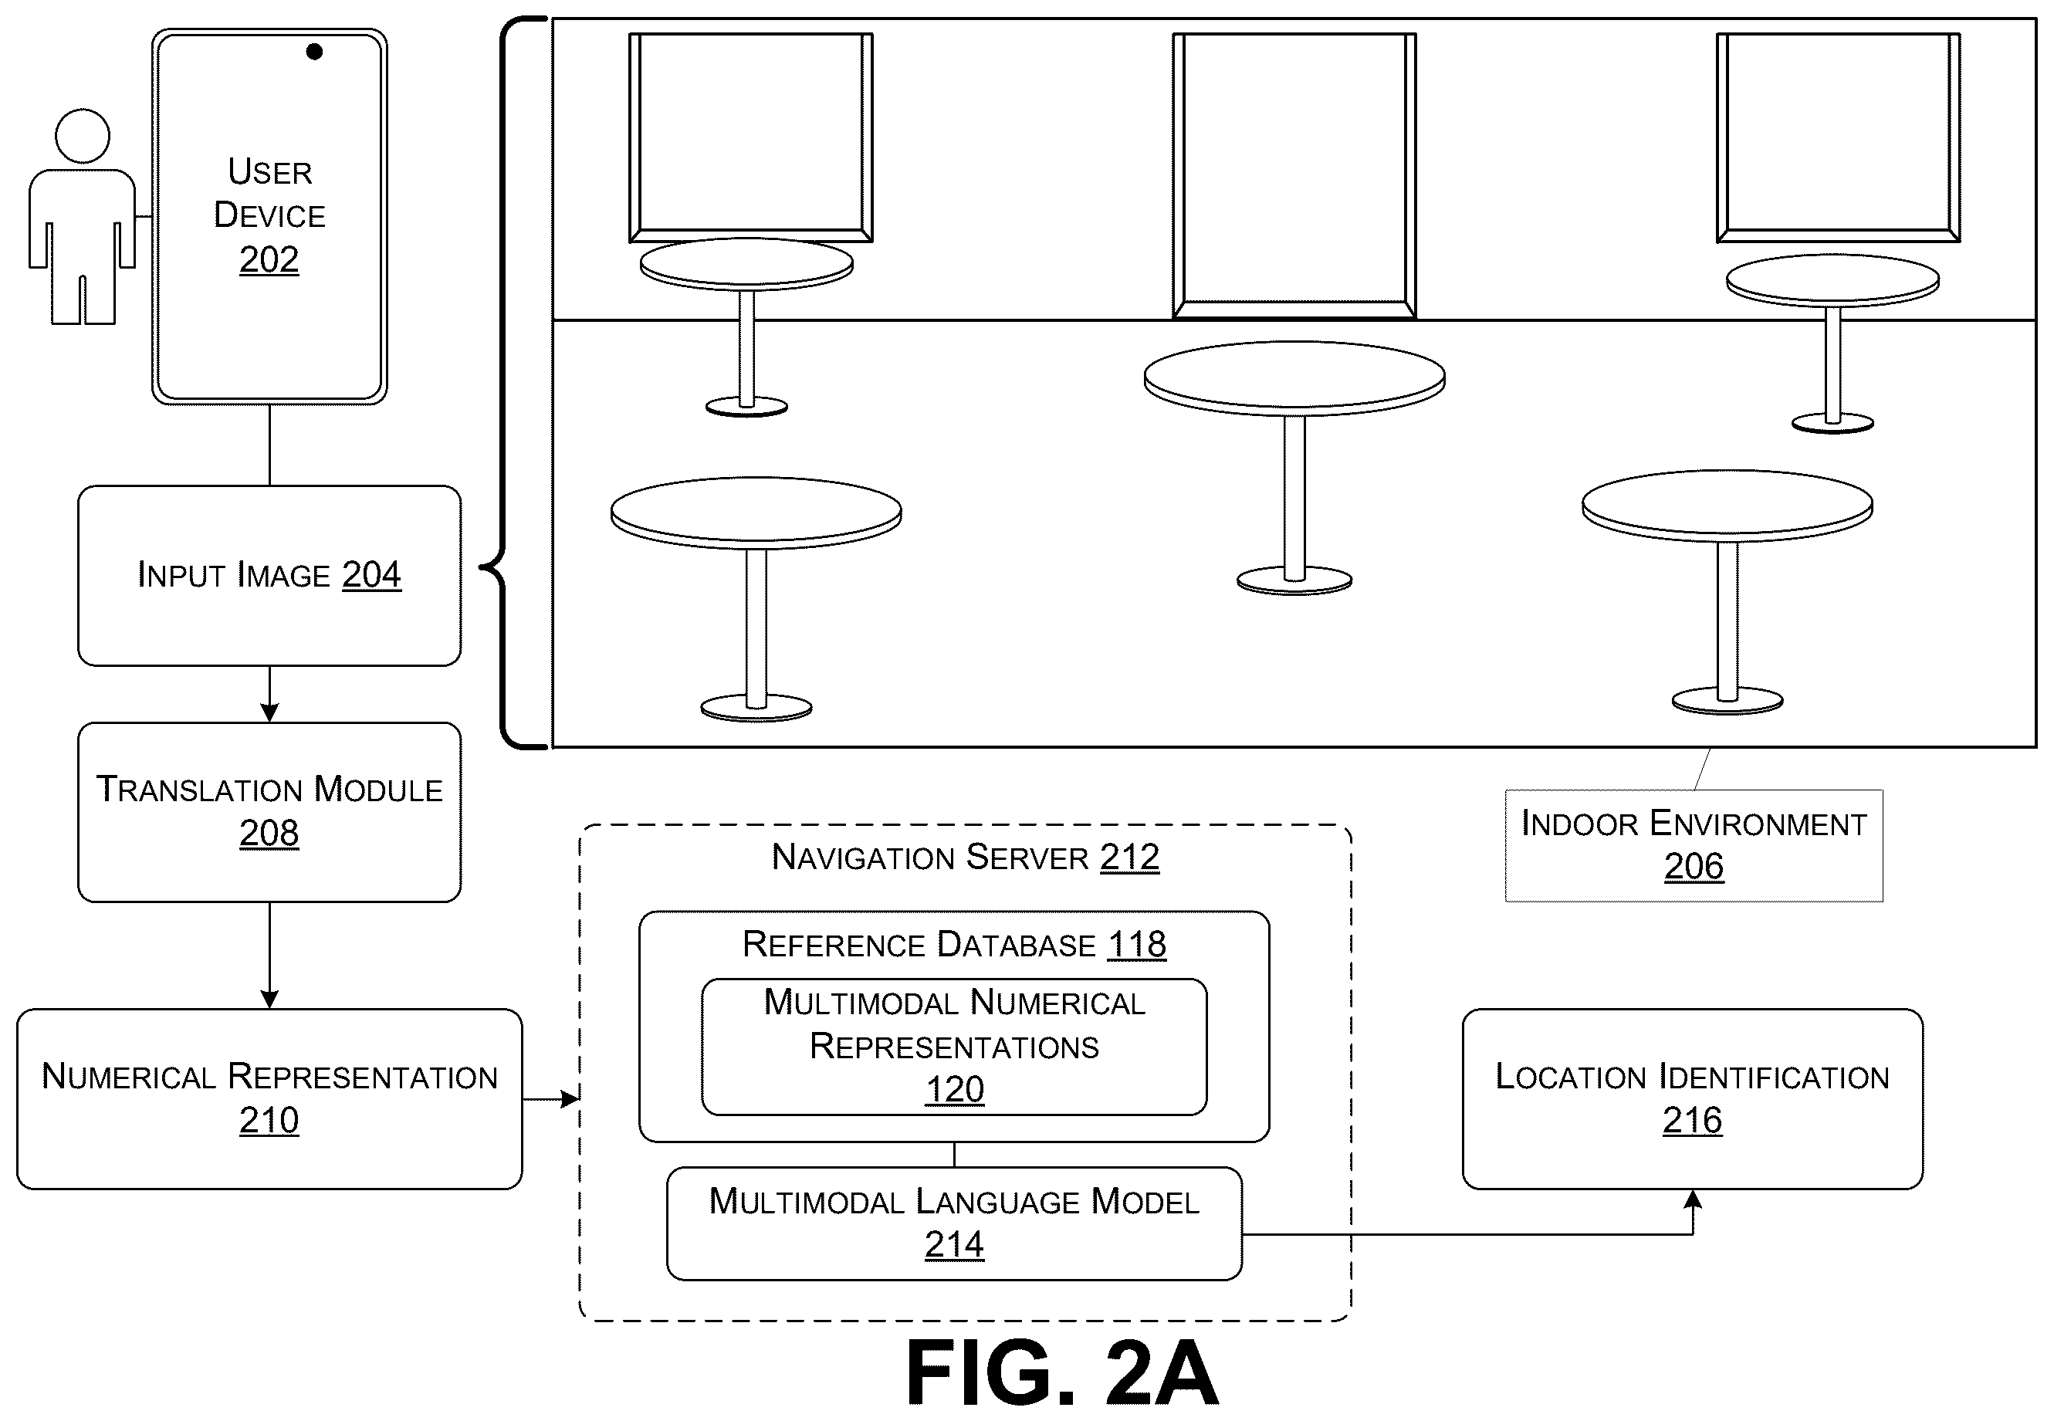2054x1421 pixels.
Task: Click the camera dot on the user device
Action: pyautogui.click(x=314, y=52)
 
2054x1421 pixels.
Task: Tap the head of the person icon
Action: pyautogui.click(x=83, y=135)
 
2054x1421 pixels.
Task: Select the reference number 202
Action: pyautogui.click(x=269, y=259)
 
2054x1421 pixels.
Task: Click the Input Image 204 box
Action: pyautogui.click(x=269, y=575)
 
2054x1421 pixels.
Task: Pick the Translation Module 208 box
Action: pyautogui.click(x=269, y=812)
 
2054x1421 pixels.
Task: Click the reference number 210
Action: pyautogui.click(x=269, y=1120)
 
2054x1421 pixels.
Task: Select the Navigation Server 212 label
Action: pyautogui.click(x=965, y=857)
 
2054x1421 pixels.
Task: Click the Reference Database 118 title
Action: pyautogui.click(x=954, y=944)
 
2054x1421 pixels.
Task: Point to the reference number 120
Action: pyautogui.click(x=954, y=1089)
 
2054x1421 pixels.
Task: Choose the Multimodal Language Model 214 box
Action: pyautogui.click(x=954, y=1223)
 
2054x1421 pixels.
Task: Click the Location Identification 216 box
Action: pyautogui.click(x=1693, y=1098)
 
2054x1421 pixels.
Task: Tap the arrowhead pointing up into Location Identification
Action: pyautogui.click(x=1693, y=1199)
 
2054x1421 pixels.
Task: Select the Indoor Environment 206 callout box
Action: pyautogui.click(x=1694, y=845)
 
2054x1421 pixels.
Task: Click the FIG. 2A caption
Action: pyautogui.click(x=1061, y=1372)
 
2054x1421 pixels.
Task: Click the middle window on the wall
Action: pyautogui.click(x=1294, y=175)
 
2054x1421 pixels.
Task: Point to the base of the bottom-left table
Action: pyautogui.click(x=756, y=708)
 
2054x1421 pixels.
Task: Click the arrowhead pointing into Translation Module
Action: pyautogui.click(x=269, y=712)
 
